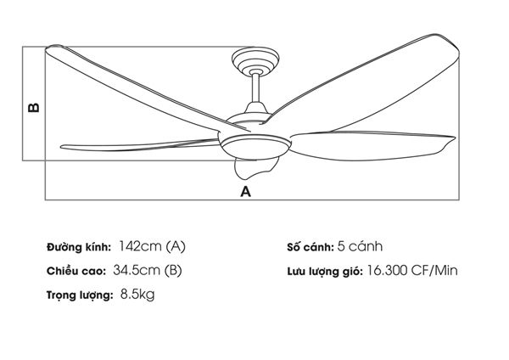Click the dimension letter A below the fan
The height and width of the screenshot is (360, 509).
(x=246, y=191)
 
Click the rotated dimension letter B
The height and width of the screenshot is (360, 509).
(x=33, y=108)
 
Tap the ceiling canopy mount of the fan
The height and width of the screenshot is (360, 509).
(x=255, y=61)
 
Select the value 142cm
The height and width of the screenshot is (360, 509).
(x=140, y=246)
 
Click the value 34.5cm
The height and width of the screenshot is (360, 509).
(x=137, y=270)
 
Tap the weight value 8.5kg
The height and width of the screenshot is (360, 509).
(x=137, y=295)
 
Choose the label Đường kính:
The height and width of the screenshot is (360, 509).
(x=79, y=247)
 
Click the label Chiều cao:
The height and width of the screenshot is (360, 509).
(x=76, y=271)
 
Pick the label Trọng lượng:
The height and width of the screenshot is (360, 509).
(x=80, y=295)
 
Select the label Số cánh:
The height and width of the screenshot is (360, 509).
(x=310, y=247)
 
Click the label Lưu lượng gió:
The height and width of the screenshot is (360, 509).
(x=325, y=272)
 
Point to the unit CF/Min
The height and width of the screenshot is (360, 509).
(x=434, y=270)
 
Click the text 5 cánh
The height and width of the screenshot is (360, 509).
(x=360, y=246)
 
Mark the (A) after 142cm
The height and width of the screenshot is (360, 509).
(x=176, y=246)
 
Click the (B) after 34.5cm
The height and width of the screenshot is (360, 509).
(x=173, y=271)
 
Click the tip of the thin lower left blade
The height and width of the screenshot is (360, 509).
(x=62, y=147)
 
